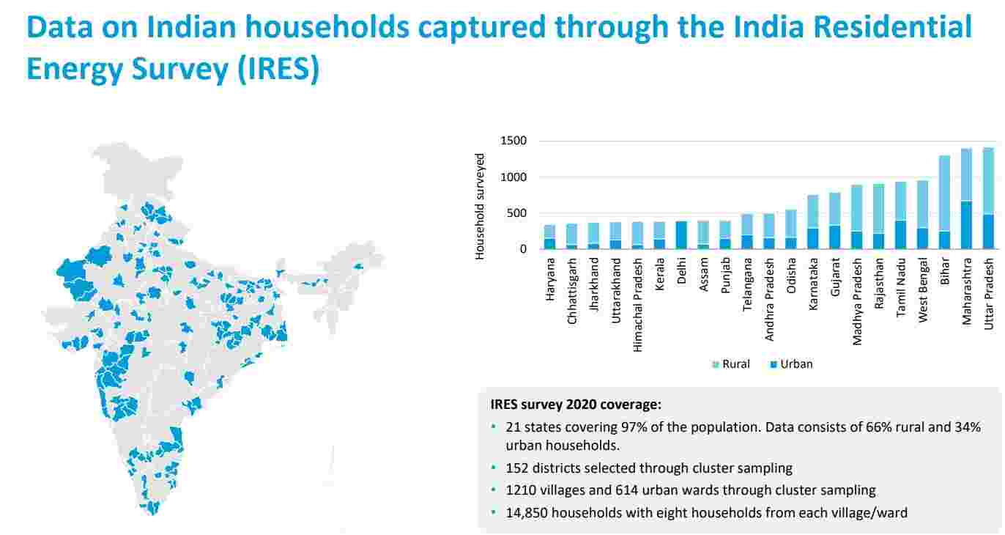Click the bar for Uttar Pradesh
click(988, 199)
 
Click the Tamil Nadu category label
click(900, 290)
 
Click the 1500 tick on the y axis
click(513, 141)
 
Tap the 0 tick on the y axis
click(523, 249)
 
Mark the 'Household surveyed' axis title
click(481, 206)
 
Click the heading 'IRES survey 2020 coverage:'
click(575, 404)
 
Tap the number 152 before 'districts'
click(516, 468)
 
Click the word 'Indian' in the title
click(193, 27)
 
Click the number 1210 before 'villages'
click(519, 490)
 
